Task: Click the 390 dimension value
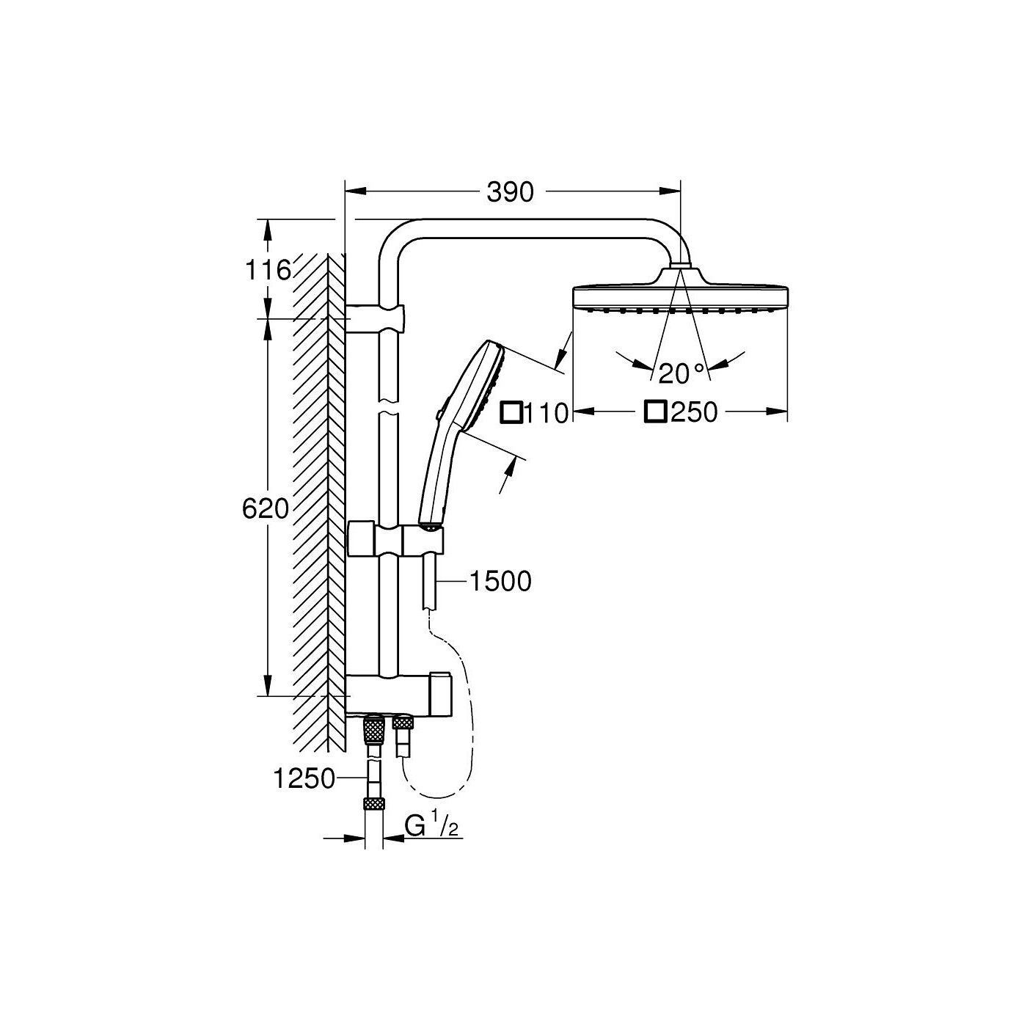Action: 510,192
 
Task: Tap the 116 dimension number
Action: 268,271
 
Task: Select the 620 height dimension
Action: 266,509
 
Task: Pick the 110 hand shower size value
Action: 547,413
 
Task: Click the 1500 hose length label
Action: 500,582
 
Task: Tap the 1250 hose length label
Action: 304,779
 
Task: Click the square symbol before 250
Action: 655,412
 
